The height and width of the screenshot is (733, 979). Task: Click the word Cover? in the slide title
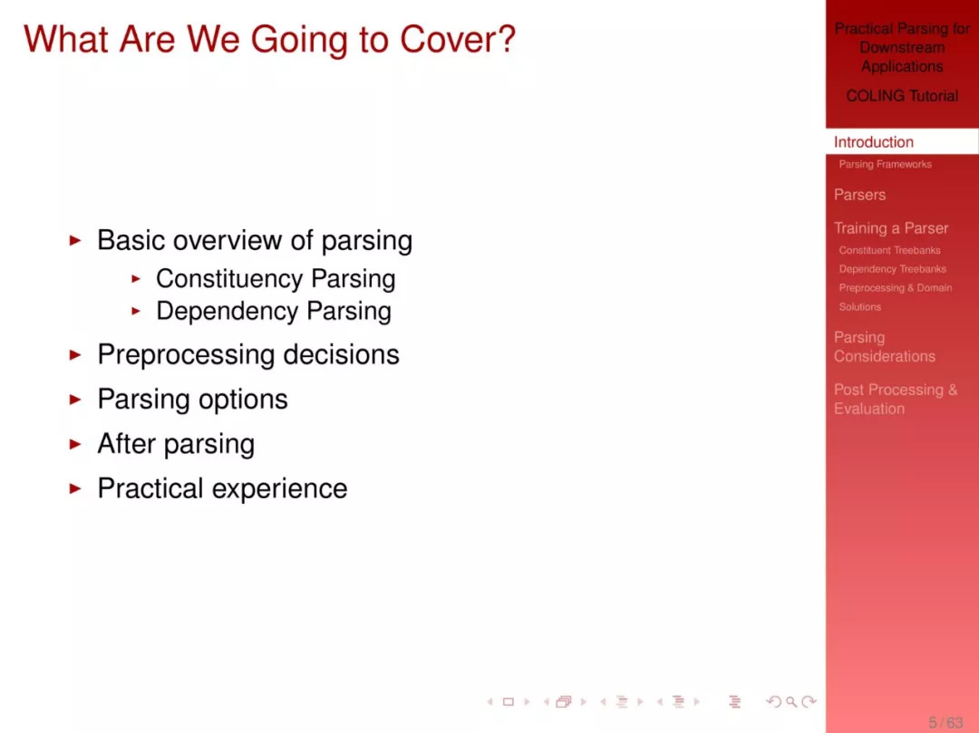coord(458,39)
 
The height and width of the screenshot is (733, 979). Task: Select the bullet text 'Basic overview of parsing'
coord(255,241)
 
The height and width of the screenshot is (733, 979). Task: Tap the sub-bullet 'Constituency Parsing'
coord(276,279)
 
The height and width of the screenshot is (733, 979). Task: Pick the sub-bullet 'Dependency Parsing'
coord(274,312)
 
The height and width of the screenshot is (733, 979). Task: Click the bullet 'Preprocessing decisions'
coord(248,355)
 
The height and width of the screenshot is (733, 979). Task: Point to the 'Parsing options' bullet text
coord(192,400)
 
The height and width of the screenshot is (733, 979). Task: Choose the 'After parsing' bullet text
coord(176,444)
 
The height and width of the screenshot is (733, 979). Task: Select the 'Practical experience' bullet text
coord(222,488)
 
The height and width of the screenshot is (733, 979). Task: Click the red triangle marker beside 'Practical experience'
coord(75,488)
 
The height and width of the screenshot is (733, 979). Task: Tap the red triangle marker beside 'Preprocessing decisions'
coord(75,355)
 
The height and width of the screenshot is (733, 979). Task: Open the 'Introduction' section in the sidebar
coord(874,142)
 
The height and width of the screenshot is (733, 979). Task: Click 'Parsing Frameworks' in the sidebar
coord(885,164)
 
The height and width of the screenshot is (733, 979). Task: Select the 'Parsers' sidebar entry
coord(859,195)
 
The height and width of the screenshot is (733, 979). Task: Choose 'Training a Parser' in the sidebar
coord(891,228)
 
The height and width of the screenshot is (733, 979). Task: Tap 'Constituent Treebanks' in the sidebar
coord(889,250)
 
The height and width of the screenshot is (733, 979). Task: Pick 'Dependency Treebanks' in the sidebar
coord(892,269)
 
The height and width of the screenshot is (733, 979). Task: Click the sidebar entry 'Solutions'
coord(859,307)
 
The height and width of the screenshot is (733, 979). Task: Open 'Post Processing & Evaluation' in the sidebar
coord(896,400)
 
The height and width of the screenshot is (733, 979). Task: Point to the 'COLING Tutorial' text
coord(902,96)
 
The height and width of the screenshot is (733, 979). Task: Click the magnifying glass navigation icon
coord(791,702)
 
